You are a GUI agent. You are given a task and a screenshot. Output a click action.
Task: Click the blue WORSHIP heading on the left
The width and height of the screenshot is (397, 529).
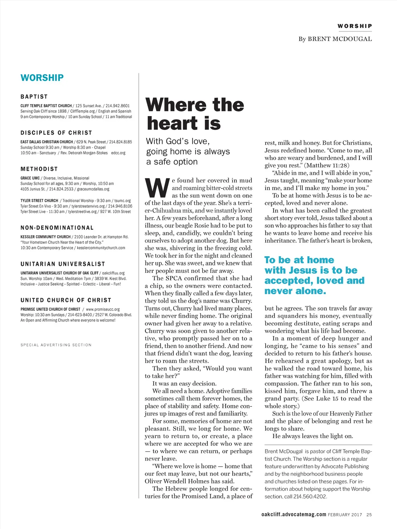42,78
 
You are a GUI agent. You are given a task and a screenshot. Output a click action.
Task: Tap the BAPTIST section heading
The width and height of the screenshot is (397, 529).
34,97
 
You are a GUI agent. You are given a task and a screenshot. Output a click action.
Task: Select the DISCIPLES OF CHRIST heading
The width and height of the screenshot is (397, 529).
56,133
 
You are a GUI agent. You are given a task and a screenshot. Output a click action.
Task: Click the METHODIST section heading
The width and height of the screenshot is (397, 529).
39,169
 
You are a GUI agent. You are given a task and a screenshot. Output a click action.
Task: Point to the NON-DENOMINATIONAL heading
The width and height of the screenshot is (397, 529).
57,228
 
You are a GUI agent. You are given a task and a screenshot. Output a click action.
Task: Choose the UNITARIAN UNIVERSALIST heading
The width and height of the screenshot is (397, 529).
63,264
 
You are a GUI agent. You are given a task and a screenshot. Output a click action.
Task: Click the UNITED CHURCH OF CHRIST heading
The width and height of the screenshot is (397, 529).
66,300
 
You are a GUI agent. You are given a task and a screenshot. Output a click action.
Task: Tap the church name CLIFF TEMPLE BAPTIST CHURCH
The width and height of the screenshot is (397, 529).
46,106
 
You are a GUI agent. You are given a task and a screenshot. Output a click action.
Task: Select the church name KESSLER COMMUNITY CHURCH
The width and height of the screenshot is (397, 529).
45,237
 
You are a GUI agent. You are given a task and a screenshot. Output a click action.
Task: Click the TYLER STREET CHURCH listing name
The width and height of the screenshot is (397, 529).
39,201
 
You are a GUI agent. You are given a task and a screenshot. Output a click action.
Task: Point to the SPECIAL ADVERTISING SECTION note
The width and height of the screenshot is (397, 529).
56,345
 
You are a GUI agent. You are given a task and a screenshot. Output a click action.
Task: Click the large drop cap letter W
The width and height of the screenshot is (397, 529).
157,188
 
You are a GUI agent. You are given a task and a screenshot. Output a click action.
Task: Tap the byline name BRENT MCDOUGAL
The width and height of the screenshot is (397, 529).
340,39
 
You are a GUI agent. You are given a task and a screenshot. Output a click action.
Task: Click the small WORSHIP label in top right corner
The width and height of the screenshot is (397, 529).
354,26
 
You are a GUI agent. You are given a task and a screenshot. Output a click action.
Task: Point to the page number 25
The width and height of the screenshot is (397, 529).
369,515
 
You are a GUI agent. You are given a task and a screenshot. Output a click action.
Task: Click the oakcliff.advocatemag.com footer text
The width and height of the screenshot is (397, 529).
293,515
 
